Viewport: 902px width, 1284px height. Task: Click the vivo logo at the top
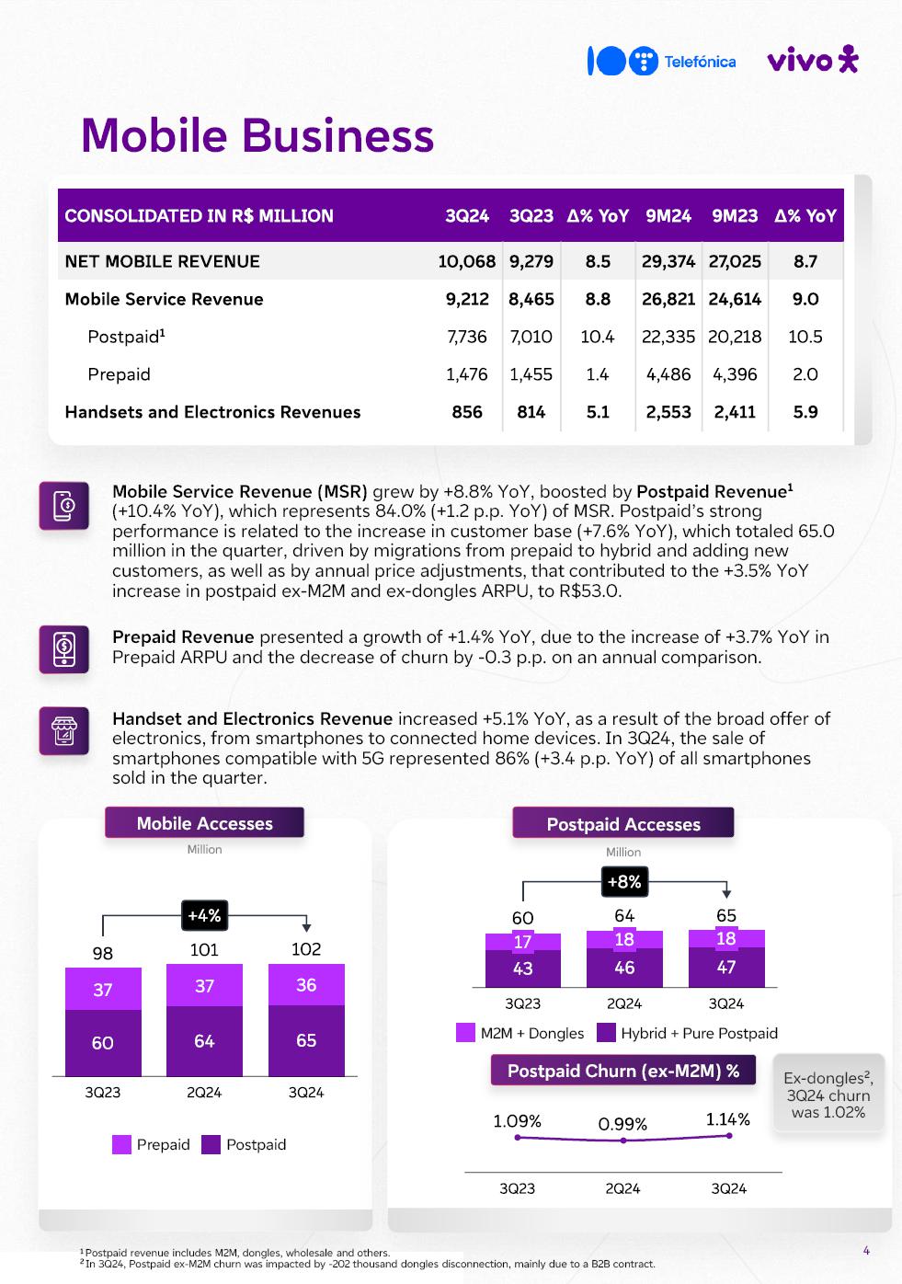click(811, 60)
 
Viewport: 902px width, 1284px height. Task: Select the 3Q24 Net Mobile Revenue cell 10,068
click(466, 261)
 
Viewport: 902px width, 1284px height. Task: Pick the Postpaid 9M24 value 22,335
click(668, 337)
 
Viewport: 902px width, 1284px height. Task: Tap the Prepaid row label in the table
click(119, 374)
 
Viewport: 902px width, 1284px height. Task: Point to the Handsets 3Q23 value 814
click(531, 412)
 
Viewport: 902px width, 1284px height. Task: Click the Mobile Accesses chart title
click(204, 823)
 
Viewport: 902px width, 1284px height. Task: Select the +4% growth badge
click(204, 915)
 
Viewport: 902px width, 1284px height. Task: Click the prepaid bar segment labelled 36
click(306, 985)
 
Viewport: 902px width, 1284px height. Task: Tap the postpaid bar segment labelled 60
click(103, 1042)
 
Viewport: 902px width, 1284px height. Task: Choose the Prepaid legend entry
click(151, 1144)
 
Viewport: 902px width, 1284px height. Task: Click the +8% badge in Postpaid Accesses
click(624, 881)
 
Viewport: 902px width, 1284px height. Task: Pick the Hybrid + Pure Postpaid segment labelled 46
click(624, 968)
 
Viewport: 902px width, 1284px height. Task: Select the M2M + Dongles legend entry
click(520, 1033)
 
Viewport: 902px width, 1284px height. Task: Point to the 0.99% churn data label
click(622, 1124)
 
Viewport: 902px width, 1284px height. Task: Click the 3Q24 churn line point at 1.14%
click(729, 1136)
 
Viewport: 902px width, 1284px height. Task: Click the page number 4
click(866, 1250)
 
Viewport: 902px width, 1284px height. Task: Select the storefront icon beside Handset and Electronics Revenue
click(63, 731)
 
